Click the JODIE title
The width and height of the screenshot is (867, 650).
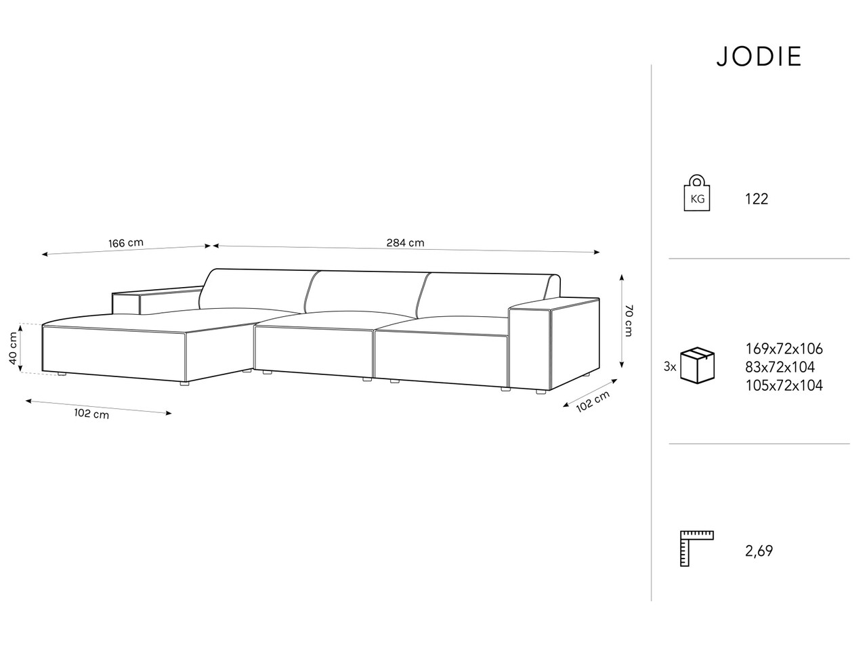click(x=759, y=57)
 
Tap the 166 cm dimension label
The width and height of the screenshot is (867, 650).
click(x=126, y=242)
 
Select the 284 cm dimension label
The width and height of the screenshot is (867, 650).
click(x=405, y=242)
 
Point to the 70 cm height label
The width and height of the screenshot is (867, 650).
click(x=629, y=320)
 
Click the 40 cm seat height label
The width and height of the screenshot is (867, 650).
click(x=13, y=348)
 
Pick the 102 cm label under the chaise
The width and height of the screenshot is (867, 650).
click(x=91, y=414)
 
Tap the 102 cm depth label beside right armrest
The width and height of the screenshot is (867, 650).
click(x=593, y=402)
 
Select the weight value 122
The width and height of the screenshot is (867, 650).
click(x=757, y=199)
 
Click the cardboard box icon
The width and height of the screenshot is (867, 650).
click(x=698, y=365)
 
